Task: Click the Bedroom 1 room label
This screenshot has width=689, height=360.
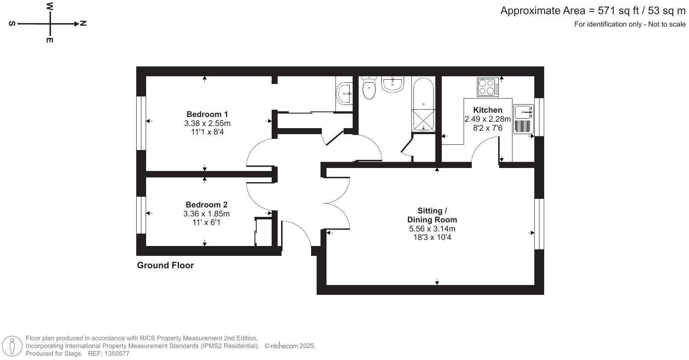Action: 207,114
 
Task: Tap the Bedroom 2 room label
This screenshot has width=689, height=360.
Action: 207,205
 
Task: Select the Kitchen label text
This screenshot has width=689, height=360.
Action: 488,110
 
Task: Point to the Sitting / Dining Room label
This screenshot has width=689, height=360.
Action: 432,215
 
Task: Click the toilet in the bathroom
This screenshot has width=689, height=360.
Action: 369,88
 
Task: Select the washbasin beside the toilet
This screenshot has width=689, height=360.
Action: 392,84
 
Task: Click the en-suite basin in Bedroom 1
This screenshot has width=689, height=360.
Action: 344,93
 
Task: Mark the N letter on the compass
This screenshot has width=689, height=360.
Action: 83,24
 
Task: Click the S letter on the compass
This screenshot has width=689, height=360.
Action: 12,24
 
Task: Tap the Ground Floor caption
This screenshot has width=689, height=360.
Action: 165,265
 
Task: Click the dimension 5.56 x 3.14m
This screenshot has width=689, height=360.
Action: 432,229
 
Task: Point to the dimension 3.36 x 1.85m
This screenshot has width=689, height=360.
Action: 207,214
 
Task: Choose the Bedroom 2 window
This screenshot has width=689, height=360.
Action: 141,215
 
